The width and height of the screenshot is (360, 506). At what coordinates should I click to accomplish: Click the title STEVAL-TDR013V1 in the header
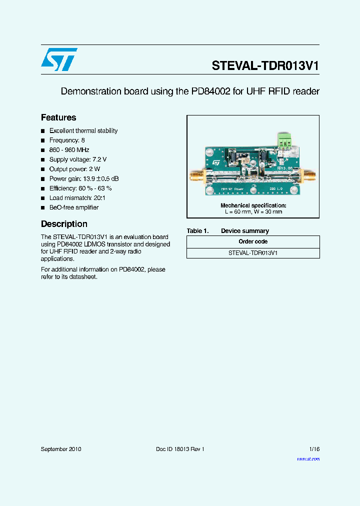click(x=265, y=66)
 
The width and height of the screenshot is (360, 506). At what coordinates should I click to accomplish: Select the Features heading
click(x=58, y=117)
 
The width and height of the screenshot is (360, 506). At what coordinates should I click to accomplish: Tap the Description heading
click(x=64, y=224)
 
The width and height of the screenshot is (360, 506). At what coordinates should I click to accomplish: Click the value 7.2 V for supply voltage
click(x=99, y=159)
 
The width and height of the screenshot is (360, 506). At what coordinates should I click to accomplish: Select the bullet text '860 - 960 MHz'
click(x=69, y=150)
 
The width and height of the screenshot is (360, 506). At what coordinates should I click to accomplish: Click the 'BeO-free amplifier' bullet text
click(x=74, y=207)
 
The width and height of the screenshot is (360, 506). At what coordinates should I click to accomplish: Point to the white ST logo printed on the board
click(x=216, y=162)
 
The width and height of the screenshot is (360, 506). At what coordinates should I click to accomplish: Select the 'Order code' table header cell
click(x=253, y=241)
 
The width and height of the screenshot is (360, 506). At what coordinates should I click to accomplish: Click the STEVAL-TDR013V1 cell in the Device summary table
click(x=253, y=253)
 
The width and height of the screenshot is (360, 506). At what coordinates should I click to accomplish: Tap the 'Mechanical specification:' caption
click(x=253, y=205)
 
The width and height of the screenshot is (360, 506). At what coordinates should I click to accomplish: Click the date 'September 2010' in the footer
click(x=61, y=449)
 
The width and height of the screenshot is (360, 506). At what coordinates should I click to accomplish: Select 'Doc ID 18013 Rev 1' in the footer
click(x=180, y=449)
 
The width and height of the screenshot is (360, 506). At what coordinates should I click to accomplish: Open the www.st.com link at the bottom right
click(x=308, y=459)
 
